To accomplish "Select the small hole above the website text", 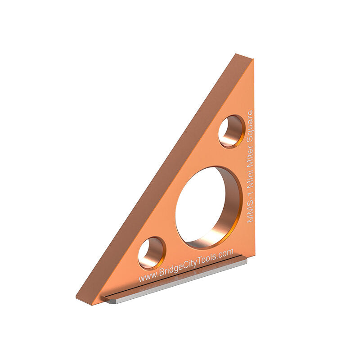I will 151,253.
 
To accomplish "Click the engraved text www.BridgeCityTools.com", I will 186,266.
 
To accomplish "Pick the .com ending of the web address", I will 225,253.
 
